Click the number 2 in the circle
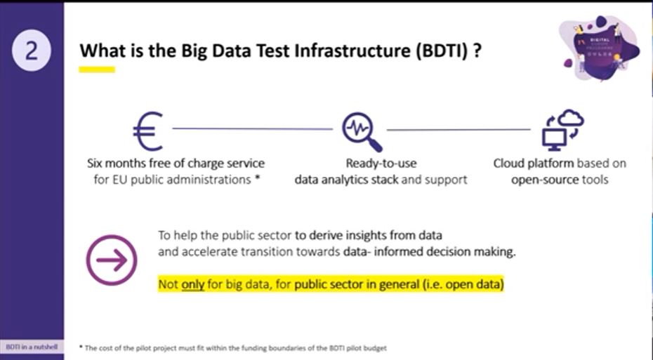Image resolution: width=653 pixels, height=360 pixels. pos(32,51)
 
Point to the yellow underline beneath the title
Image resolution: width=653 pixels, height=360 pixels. pos(96,69)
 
